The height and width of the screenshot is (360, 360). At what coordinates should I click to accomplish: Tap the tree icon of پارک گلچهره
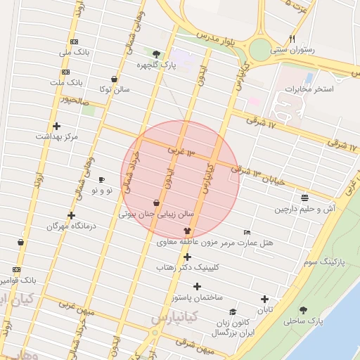tap(156, 53)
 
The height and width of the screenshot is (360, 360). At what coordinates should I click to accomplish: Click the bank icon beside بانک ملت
tap(66, 72)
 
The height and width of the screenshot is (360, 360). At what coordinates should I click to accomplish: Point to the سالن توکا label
tap(113, 89)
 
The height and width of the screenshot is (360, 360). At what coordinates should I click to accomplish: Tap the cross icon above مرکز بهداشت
tap(56, 127)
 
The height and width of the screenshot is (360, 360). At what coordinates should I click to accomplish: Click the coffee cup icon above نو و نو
tap(102, 179)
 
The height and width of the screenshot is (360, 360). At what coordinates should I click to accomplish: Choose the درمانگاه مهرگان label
tap(70, 226)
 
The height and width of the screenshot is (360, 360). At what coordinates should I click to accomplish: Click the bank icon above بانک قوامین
tap(16, 269)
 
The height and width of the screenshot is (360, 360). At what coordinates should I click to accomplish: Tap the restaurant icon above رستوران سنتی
tap(292, 39)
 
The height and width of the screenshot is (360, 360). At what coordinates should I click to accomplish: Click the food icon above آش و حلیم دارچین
tap(304, 198)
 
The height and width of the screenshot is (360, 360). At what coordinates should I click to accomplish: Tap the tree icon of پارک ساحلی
tap(303, 310)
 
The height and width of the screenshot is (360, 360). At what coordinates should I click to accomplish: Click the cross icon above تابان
tap(264, 299)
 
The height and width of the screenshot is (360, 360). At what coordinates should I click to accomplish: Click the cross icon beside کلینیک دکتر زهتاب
tap(187, 257)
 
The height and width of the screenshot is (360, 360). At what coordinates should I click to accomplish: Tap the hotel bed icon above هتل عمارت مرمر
tap(246, 232)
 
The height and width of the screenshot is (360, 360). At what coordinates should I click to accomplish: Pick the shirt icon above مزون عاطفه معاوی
tap(187, 231)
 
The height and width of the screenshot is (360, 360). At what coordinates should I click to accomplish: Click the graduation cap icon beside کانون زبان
tap(232, 312)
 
